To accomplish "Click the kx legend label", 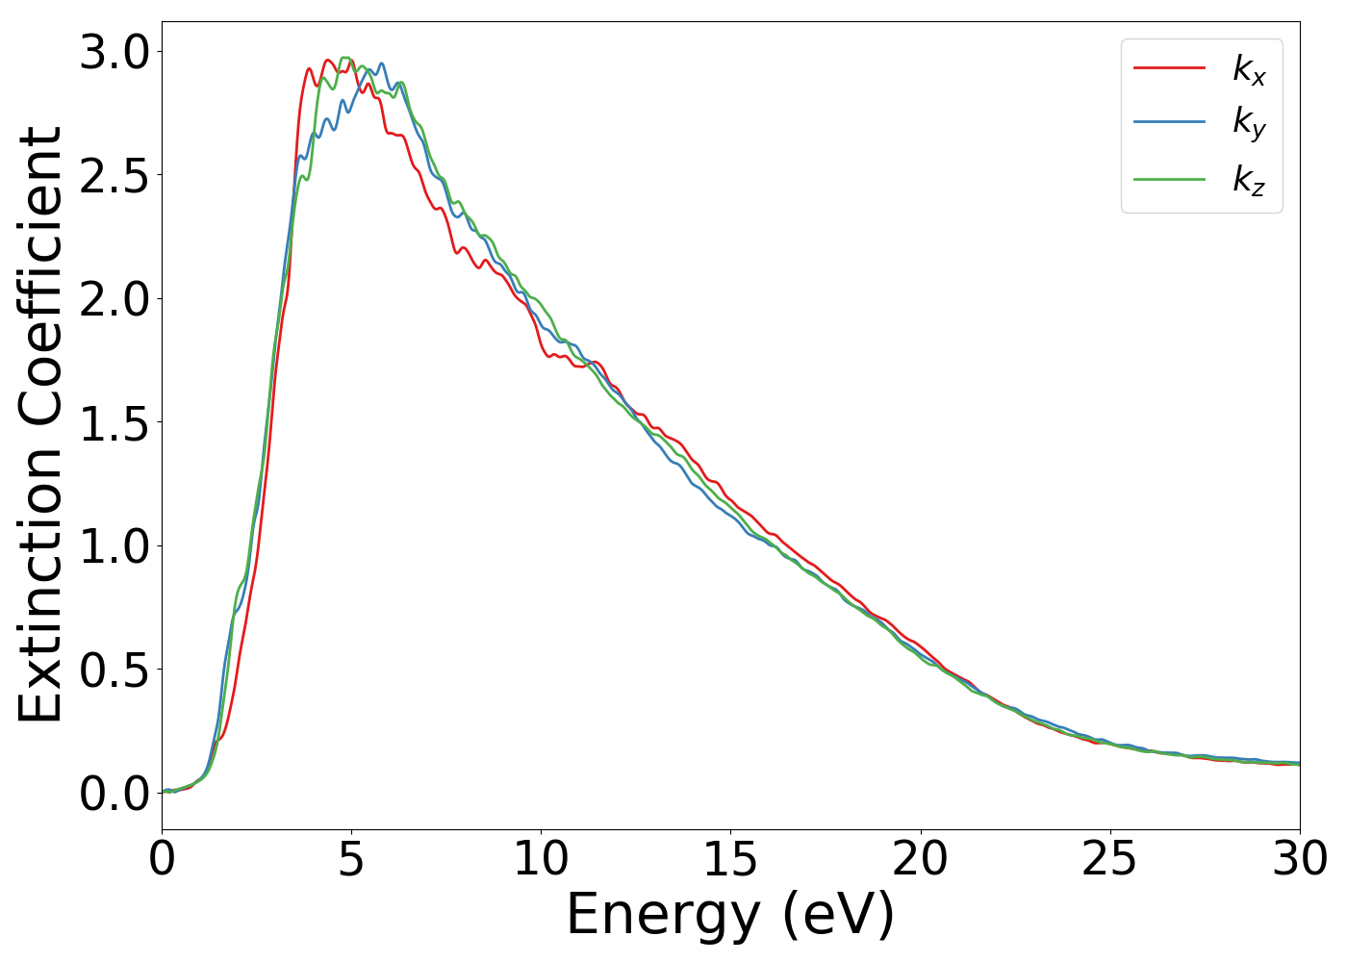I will pos(1249,69).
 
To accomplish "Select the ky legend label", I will pos(1249,123).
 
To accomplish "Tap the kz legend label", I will pos(1249,179).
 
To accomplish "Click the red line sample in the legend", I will pos(1169,67).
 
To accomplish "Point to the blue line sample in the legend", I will pos(1169,122).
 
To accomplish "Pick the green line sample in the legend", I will pos(1169,178).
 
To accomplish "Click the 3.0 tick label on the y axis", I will pos(114,52).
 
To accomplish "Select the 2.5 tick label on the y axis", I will pos(114,176).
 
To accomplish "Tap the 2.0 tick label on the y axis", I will pos(114,299).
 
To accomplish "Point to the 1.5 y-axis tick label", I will pos(114,423).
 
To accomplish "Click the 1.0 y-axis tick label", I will pos(114,546).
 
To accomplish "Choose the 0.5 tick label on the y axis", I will pos(114,671).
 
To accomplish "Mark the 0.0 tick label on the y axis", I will pos(114,794).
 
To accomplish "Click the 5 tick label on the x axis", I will pos(351,859).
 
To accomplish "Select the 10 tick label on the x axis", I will pos(541,859).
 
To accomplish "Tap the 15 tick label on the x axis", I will pos(730,859).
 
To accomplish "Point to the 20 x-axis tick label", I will pos(920,859).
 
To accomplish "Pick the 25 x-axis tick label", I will pos(1109,859).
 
